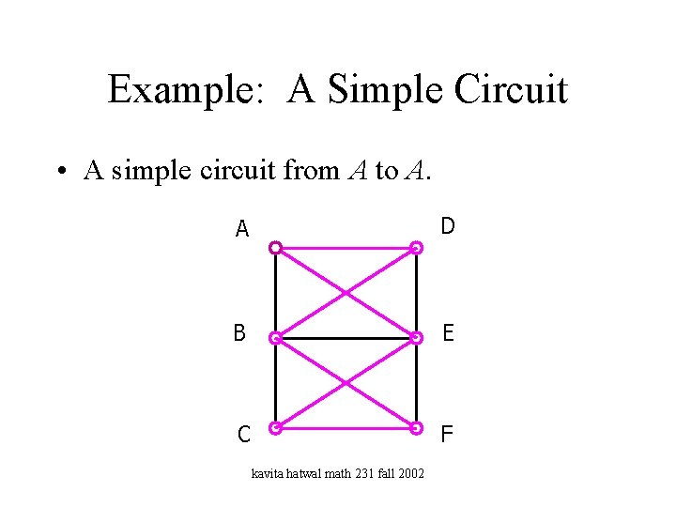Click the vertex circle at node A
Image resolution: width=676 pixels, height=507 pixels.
click(x=275, y=249)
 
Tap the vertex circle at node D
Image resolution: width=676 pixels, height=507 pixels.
click(x=417, y=249)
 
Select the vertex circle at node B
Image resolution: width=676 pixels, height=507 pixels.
click(x=275, y=338)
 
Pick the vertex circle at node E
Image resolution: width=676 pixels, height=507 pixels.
click(x=417, y=338)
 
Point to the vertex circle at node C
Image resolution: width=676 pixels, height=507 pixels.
click(x=275, y=428)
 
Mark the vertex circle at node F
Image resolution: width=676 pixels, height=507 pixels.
click(x=417, y=428)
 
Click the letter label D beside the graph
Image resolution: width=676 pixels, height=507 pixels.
click(x=448, y=226)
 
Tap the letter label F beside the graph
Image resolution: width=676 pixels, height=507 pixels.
click(x=448, y=434)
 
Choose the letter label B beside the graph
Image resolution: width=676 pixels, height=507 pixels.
click(x=240, y=332)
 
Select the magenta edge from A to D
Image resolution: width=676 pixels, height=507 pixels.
click(x=346, y=250)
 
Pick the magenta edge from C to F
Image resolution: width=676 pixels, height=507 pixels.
click(x=346, y=428)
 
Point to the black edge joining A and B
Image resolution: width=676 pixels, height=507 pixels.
click(x=275, y=293)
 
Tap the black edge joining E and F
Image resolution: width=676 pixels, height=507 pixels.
click(x=417, y=383)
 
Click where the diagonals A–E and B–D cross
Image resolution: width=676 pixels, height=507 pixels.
click(x=346, y=293)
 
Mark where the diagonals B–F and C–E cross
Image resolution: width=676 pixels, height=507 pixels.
click(x=346, y=383)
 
